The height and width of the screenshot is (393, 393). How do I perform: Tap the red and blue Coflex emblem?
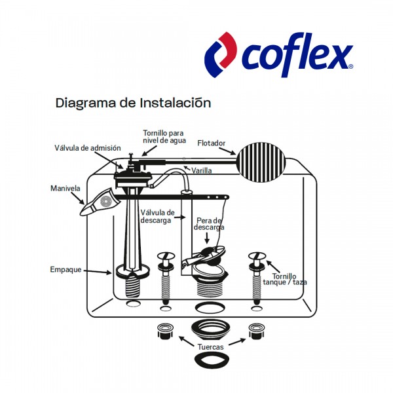(x=221, y=54)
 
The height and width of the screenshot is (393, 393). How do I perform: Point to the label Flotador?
(x=211, y=142)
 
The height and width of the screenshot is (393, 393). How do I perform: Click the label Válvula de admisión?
(x=87, y=148)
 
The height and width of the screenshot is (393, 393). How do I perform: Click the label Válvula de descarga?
(x=157, y=216)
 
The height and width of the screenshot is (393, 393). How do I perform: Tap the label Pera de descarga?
(x=210, y=224)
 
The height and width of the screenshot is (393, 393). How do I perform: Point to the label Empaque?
(x=65, y=269)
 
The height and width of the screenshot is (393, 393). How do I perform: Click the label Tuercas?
(x=210, y=346)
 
